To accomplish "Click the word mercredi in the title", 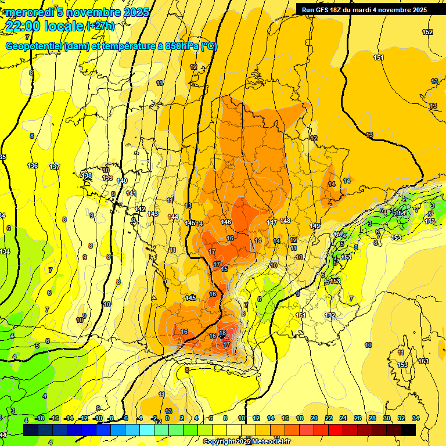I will (x=30, y=12).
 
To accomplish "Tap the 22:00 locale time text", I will (x=44, y=26).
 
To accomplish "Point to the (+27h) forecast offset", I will (x=100, y=26).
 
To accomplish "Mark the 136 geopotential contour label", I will (x=33, y=166).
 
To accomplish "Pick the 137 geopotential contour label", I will (x=55, y=167).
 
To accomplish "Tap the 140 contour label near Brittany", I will (x=122, y=181).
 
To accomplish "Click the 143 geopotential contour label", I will (x=153, y=214).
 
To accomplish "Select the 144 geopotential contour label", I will (x=173, y=217).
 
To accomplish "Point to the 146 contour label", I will (x=226, y=222).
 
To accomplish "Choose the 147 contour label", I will (x=272, y=222).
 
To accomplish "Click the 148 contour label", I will (x=285, y=221).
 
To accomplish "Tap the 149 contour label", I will (x=315, y=226).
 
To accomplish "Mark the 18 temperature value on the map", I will (x=222, y=333).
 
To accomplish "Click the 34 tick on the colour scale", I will (x=415, y=418).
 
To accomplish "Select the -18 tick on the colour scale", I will (x=39, y=418).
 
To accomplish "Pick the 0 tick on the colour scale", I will (x=167, y=418).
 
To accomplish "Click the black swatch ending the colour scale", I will (x=408, y=430).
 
